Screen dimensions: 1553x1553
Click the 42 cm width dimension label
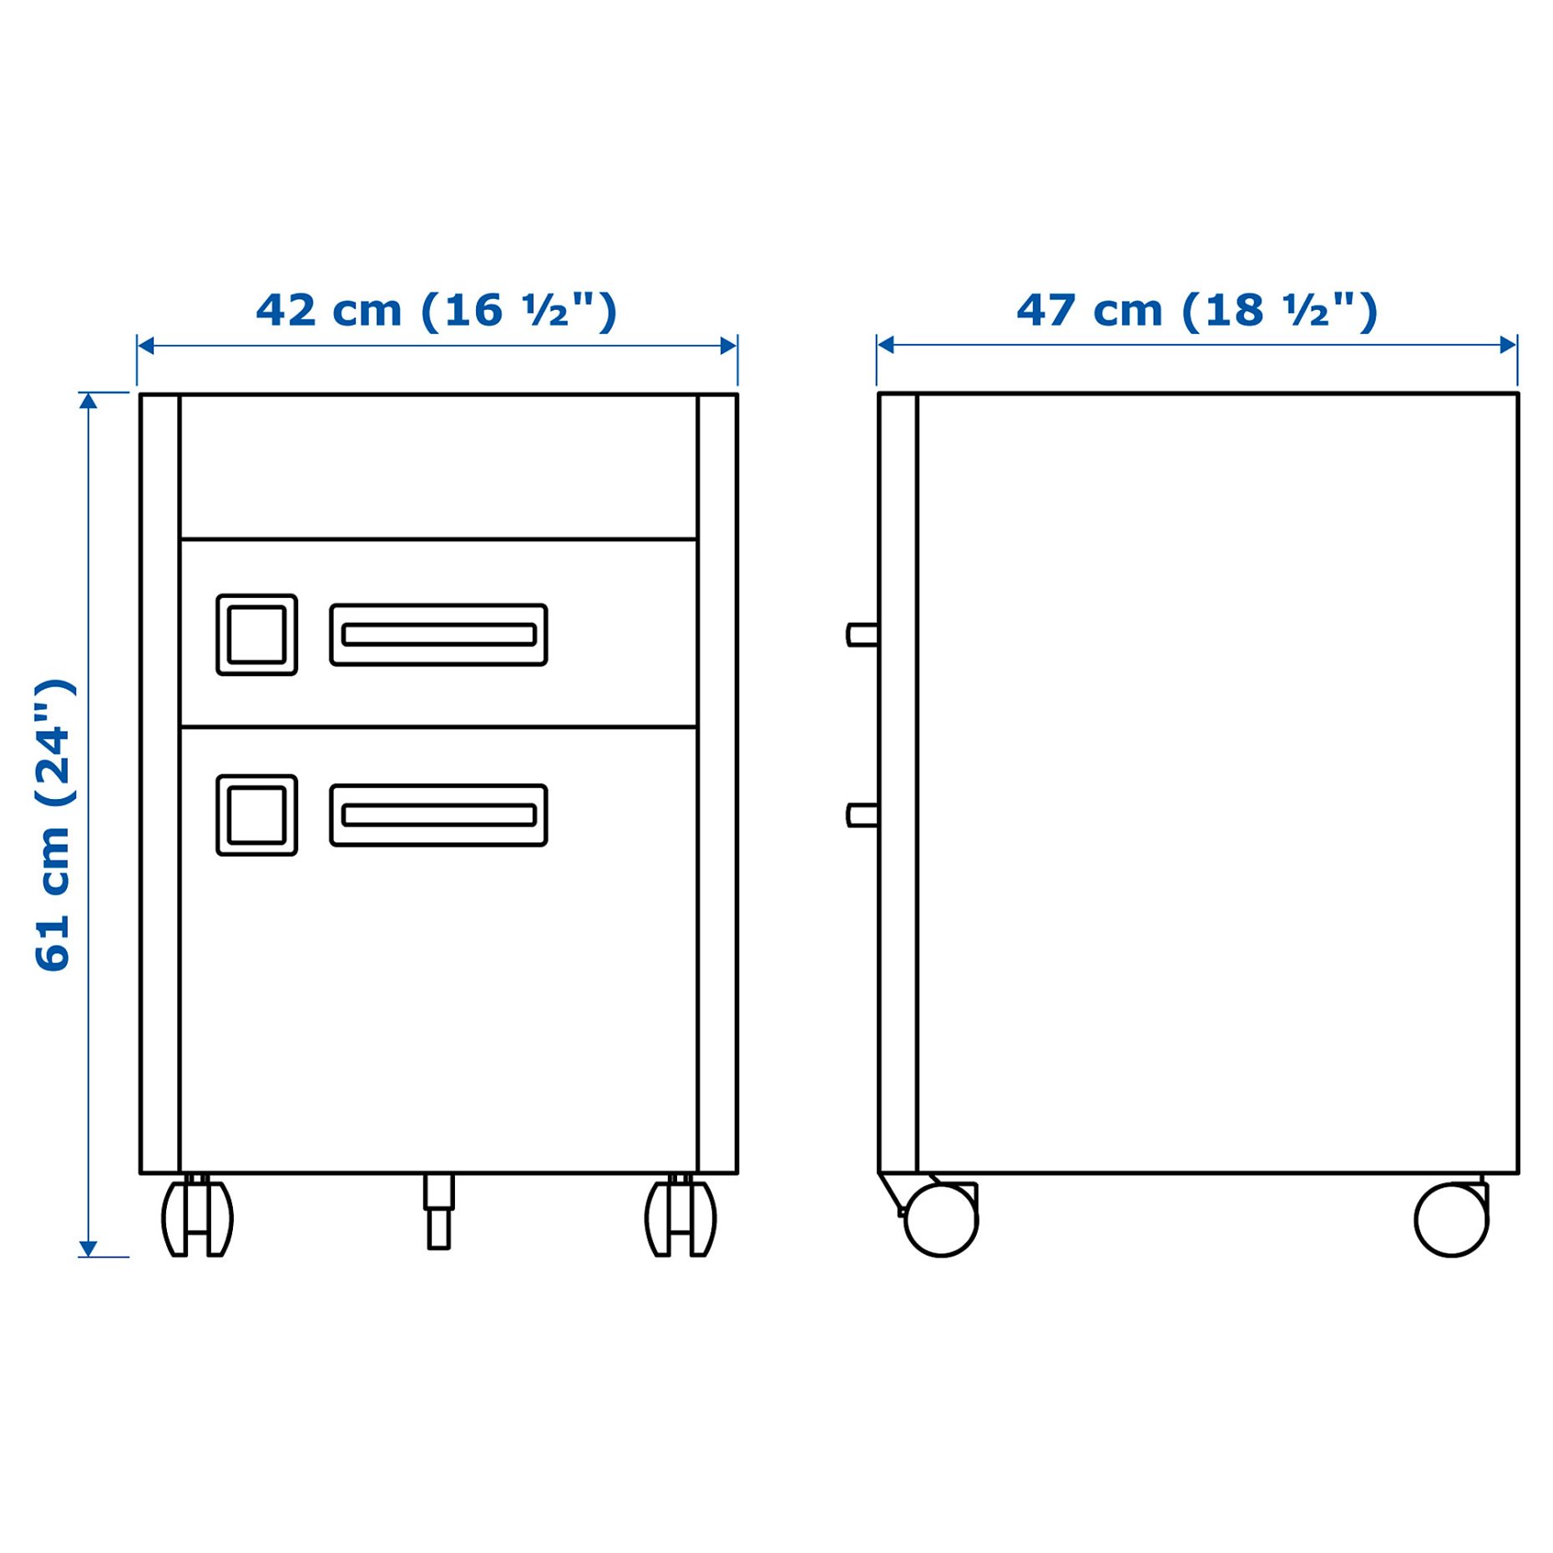[436, 311]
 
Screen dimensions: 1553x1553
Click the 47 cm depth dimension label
[1196, 311]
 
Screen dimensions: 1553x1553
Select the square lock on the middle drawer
[256, 635]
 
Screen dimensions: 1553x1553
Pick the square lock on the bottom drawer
[256, 815]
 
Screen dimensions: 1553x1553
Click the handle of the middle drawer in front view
[438, 635]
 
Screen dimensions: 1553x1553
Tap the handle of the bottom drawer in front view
[438, 815]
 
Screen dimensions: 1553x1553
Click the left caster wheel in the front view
[197, 1218]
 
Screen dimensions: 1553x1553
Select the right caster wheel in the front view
[680, 1218]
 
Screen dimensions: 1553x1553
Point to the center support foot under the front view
[438, 1212]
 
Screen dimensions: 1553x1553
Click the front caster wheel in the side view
[941, 1220]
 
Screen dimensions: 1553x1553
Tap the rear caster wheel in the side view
[1451, 1220]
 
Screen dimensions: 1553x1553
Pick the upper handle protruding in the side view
[862, 635]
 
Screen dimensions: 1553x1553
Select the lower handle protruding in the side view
[862, 815]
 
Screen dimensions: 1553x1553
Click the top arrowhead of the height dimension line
[89, 400]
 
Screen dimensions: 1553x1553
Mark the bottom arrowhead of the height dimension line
[89, 1249]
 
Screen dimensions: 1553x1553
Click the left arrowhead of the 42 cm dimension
[145, 346]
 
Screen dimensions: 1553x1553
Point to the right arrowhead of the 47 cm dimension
[1509, 345]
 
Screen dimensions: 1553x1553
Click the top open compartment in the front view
[438, 466]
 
